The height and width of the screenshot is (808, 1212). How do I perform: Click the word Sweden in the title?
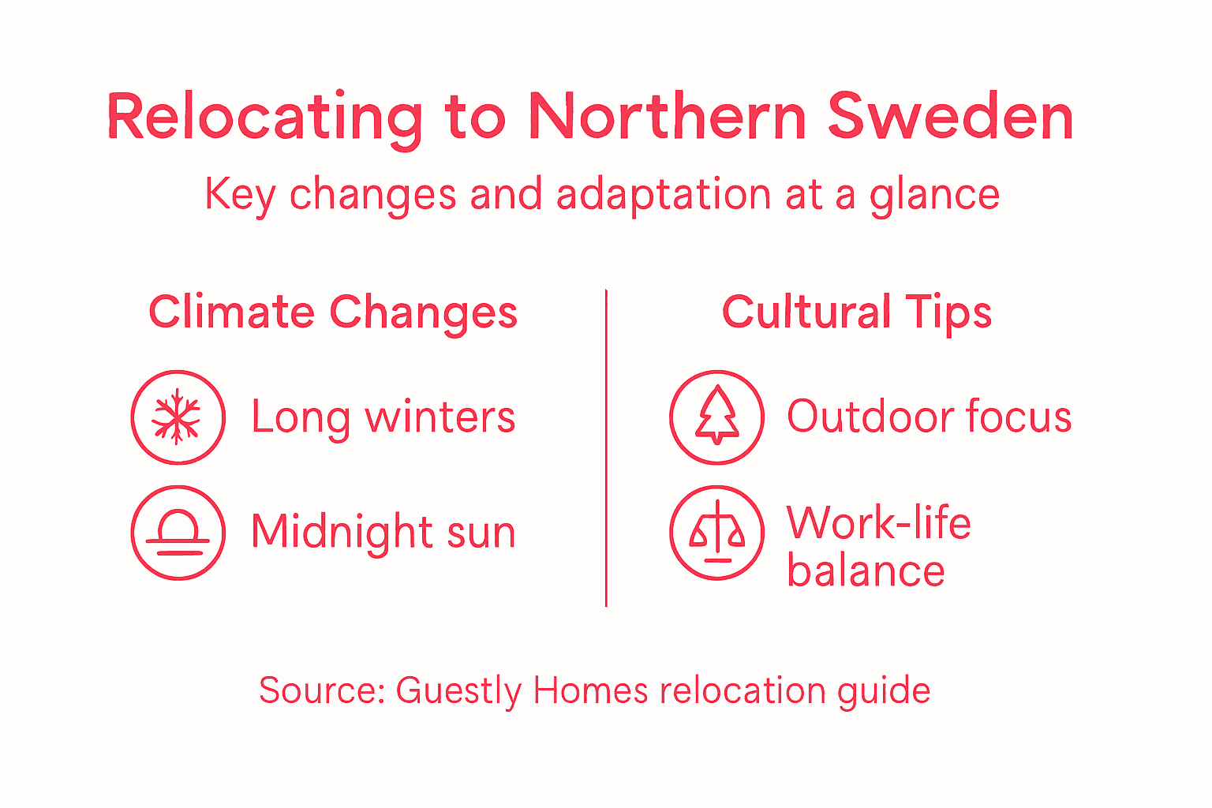950,117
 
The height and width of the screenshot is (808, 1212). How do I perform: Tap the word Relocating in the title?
265,117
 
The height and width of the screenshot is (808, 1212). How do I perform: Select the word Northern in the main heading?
667,117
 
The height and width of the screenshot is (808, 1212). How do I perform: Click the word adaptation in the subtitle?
663,195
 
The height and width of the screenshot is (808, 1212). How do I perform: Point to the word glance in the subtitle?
934,195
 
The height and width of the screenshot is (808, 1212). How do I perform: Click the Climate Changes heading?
333,312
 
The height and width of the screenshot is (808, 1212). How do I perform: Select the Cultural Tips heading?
857,312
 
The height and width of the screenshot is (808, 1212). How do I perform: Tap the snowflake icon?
178,417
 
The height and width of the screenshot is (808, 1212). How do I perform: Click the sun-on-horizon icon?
178,533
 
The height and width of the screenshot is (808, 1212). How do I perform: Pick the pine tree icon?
716,417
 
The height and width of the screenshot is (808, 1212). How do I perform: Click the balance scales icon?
716,533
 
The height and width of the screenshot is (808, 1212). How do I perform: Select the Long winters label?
383,417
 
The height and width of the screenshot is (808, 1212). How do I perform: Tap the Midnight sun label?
383,531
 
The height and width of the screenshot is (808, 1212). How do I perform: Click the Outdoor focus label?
929,417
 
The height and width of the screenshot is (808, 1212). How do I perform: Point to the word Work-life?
878,522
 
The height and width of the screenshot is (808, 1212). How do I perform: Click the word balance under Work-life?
866,571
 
